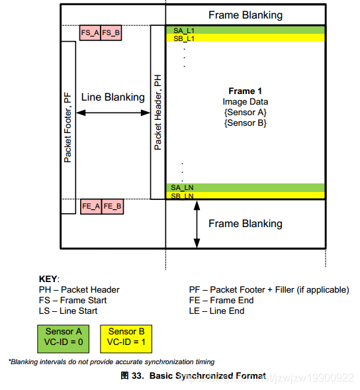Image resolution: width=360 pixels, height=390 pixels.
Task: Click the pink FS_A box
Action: (x=90, y=32)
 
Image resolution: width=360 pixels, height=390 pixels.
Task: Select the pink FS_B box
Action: (x=111, y=32)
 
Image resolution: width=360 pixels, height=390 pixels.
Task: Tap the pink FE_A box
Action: (x=91, y=207)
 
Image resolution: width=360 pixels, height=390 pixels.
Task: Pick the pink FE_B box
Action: (x=112, y=207)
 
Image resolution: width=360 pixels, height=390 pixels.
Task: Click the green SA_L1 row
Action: (x=246, y=30)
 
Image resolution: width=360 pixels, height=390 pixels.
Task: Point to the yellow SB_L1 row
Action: (x=246, y=38)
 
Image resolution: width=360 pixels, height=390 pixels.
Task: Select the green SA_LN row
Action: (x=246, y=187)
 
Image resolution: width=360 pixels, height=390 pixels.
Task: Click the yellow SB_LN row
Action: (x=246, y=195)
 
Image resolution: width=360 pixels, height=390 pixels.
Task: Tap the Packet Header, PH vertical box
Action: (x=158, y=112)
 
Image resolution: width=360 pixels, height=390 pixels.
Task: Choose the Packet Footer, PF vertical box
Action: (x=68, y=127)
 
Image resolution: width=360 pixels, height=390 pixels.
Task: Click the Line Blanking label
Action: (x=113, y=97)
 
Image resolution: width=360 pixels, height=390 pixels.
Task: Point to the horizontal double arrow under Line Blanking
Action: (x=113, y=113)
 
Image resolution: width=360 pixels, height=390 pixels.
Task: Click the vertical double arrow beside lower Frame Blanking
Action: (x=197, y=224)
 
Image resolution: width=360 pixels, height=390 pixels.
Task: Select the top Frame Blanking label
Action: (x=246, y=15)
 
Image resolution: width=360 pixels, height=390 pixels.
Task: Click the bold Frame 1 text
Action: (x=245, y=91)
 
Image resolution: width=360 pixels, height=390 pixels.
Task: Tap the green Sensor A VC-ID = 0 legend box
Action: (x=63, y=339)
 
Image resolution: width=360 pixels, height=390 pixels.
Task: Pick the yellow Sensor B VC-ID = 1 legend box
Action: (x=126, y=339)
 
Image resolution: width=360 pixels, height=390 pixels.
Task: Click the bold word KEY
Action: (x=48, y=279)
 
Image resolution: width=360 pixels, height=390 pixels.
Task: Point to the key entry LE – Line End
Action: (x=216, y=311)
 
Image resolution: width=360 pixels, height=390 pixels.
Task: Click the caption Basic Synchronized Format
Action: (x=208, y=375)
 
